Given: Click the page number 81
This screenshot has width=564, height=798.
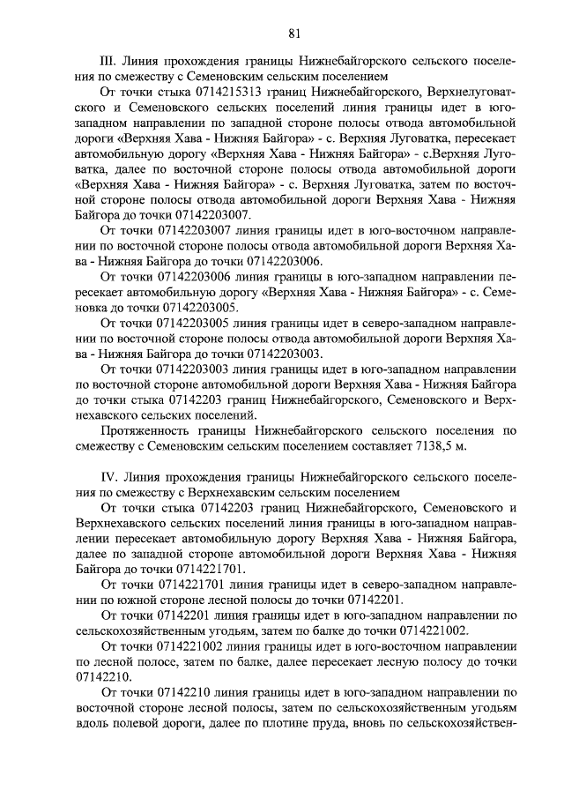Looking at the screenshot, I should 294,34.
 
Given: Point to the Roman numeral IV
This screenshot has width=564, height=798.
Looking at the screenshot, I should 112,478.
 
